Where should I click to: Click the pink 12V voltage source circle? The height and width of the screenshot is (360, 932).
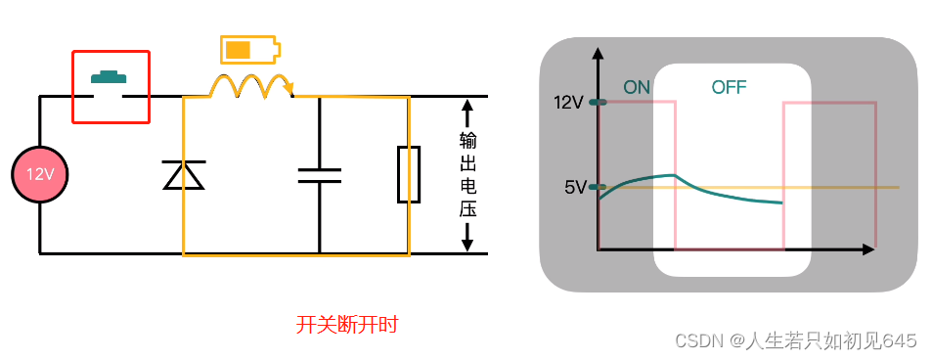pos(39,175)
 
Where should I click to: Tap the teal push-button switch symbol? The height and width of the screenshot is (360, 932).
pos(111,76)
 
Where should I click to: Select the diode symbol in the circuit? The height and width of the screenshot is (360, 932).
pos(183,175)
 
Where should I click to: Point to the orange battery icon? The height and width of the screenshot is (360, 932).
pos(248,49)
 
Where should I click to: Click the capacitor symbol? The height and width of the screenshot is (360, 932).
pos(319,175)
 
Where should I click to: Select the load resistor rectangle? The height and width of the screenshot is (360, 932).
pos(409,175)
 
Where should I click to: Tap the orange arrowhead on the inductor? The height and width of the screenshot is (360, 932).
pos(288,91)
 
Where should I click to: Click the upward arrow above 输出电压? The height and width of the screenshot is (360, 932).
pos(467,108)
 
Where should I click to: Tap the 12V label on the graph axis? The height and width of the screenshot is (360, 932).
pos(568,102)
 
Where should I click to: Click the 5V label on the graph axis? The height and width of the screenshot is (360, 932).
pos(574,187)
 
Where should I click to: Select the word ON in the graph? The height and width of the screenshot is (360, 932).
pos(637,87)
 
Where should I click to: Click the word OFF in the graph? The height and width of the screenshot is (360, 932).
pos(729,87)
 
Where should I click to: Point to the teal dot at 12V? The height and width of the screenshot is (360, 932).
pos(598,101)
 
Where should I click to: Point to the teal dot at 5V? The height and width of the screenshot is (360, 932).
pos(598,186)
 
